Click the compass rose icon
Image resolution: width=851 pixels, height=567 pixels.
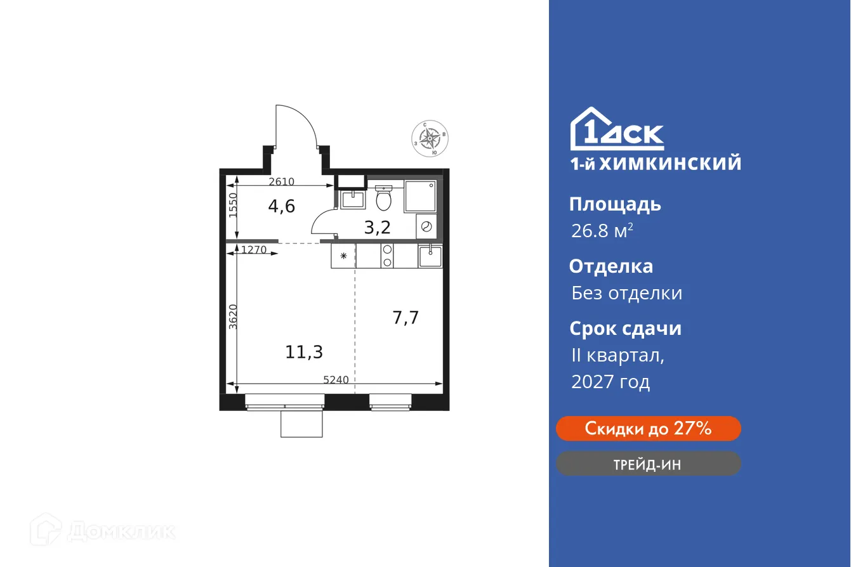(x=431, y=138)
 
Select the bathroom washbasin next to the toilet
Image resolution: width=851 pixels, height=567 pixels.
(x=352, y=199)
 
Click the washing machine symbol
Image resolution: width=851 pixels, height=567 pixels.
(x=426, y=226)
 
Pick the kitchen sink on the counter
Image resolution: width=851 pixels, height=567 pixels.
(x=430, y=256)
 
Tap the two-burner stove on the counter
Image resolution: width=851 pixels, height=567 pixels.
(x=386, y=256)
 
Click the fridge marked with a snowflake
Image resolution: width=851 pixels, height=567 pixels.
(x=343, y=256)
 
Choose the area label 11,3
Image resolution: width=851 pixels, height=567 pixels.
(x=300, y=351)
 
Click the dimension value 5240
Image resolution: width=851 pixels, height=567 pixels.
(x=336, y=380)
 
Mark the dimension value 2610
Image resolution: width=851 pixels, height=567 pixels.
(x=281, y=182)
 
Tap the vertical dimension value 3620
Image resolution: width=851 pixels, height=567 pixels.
(x=233, y=316)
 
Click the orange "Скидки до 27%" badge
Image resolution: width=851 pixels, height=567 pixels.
(x=648, y=429)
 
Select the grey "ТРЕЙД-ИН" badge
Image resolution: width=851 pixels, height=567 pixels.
(x=648, y=464)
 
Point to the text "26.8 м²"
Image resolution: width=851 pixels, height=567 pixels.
(x=602, y=231)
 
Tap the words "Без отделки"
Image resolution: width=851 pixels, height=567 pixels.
(x=626, y=293)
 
